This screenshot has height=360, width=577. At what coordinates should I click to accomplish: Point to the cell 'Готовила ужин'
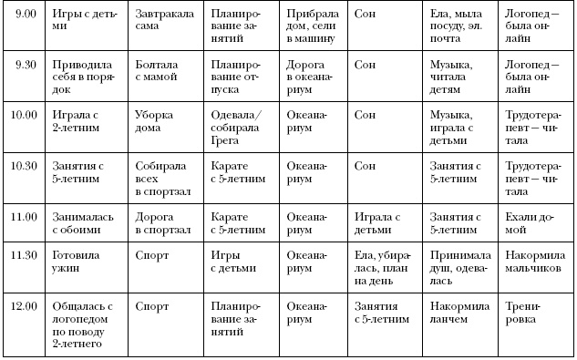85,262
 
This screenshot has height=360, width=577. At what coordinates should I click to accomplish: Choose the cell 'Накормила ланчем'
458,313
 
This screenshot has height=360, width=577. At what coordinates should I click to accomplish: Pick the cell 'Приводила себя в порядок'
84,71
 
